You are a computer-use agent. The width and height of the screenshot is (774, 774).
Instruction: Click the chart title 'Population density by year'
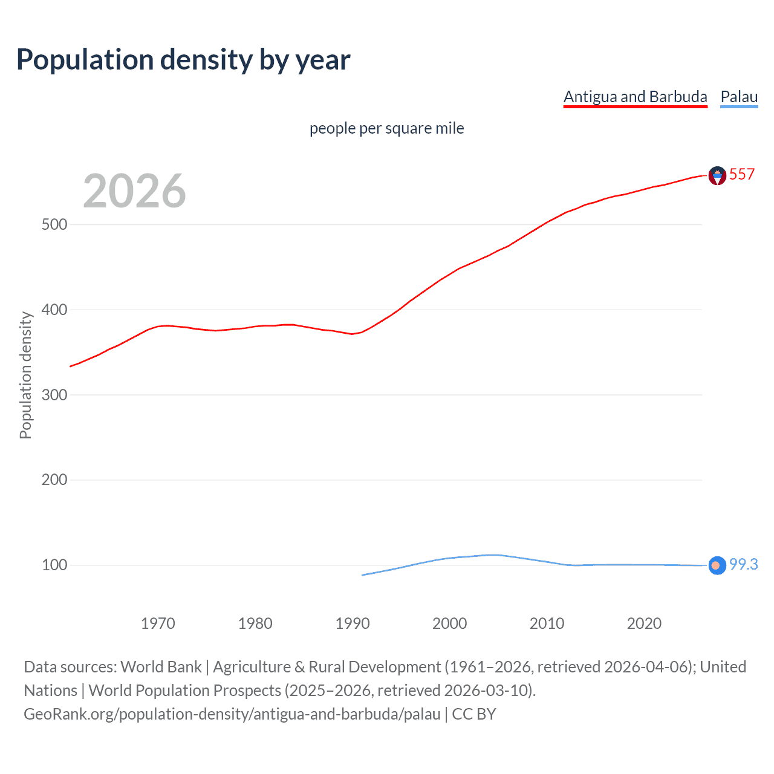click(x=183, y=59)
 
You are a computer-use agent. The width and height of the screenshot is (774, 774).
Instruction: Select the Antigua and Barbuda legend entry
click(x=635, y=97)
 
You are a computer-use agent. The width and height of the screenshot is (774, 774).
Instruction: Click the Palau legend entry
click(x=739, y=97)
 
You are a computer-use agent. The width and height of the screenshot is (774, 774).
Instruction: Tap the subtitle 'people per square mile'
click(x=386, y=128)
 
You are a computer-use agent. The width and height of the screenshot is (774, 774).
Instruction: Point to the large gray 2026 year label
click(x=134, y=191)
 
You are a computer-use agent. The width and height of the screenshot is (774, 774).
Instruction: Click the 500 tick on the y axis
click(x=54, y=224)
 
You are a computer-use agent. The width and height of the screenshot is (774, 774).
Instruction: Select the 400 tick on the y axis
click(x=54, y=310)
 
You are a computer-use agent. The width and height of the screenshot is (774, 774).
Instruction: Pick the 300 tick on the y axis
click(x=54, y=395)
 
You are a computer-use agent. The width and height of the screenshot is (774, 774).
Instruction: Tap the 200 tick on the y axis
click(x=54, y=480)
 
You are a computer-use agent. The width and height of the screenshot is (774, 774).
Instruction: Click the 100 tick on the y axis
click(x=54, y=565)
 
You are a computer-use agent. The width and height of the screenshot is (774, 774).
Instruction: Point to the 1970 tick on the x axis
click(x=158, y=623)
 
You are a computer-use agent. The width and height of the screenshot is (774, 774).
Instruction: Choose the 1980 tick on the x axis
click(x=255, y=623)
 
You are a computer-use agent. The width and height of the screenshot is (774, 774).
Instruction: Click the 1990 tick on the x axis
click(x=353, y=623)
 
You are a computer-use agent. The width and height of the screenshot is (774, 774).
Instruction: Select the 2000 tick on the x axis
click(x=449, y=623)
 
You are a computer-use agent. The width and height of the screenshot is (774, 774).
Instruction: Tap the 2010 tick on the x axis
click(x=547, y=623)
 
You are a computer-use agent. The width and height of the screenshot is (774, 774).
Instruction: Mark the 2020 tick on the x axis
click(x=644, y=623)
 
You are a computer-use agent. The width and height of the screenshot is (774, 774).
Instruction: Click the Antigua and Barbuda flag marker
click(x=717, y=175)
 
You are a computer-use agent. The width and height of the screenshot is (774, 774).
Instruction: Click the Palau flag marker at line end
click(x=717, y=565)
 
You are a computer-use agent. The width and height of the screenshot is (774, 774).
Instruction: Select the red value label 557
click(x=742, y=174)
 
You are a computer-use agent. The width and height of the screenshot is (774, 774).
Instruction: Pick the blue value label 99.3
click(x=743, y=564)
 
